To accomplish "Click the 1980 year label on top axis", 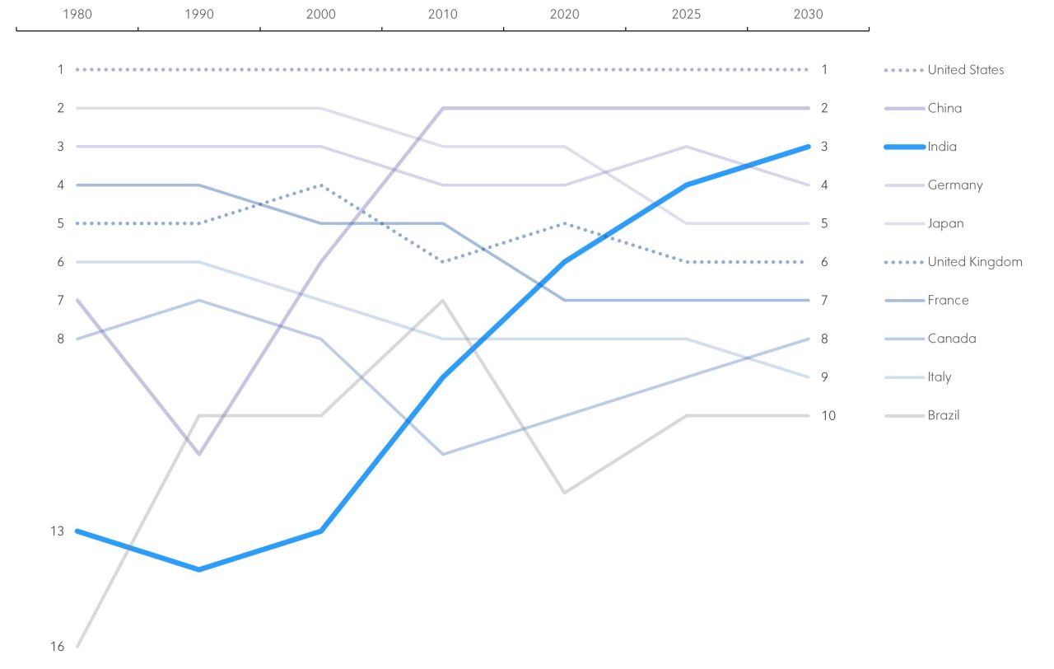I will pos(77,15).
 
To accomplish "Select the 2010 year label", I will pos(442,15).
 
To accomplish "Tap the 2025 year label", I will pos(686,15).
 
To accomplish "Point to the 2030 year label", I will pos(808,15).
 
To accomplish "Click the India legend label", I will pos(942,147).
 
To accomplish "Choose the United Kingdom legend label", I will pos(975,262).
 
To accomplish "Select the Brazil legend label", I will pos(944,415).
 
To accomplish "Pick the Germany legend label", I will pos(955,185).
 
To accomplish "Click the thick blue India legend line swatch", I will pos(902,147).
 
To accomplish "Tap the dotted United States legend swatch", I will pos(902,70).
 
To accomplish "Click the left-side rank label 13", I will pos(57,531).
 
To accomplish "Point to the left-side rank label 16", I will pos(57,647).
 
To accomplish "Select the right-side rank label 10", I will pos(828,415).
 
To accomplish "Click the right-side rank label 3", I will pos(824,147).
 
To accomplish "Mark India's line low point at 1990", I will pos(198,569).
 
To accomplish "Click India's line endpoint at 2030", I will pos(808,147).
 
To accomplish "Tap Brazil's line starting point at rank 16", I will pos(77,646).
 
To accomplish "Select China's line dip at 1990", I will pos(198,454).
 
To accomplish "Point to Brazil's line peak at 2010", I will pos(442,301).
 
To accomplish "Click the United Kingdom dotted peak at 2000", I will pos(320,185).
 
